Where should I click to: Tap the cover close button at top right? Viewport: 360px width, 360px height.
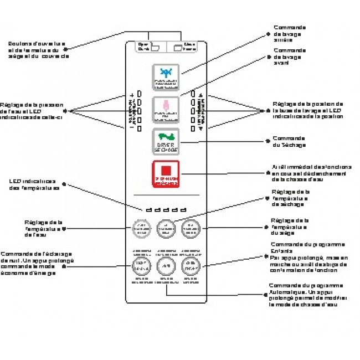click(184, 47)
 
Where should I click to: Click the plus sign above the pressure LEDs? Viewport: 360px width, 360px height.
click(132, 95)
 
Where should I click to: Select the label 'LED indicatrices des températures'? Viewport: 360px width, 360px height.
click(34, 184)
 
